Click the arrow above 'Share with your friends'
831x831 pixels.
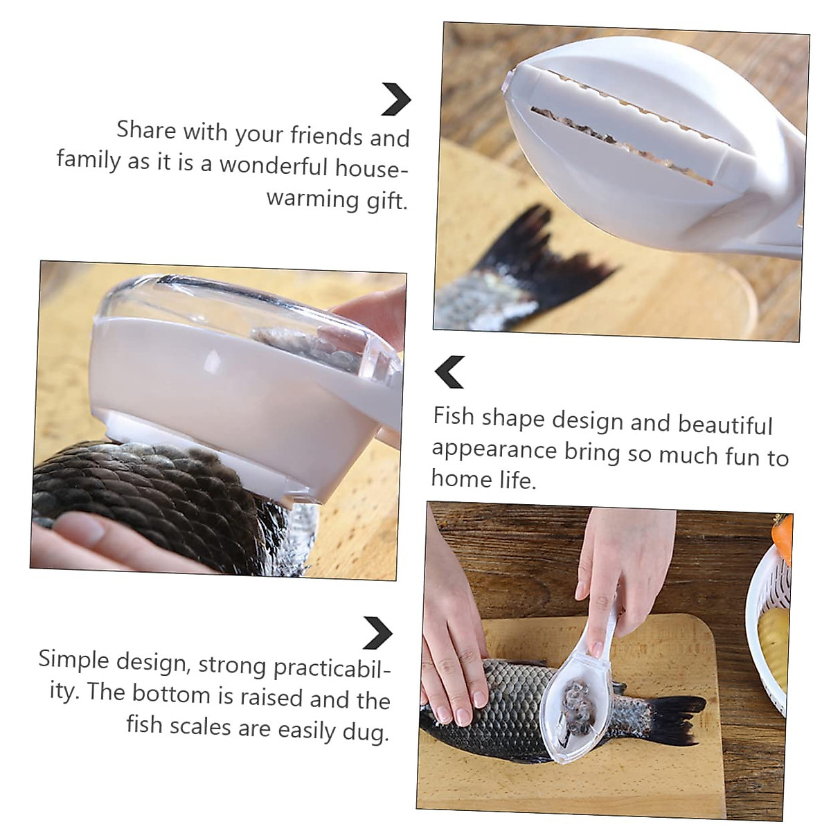396,100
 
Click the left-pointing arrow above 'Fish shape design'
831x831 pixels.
449,372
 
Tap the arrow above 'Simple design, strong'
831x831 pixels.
378,632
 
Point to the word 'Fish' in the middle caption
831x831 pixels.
454,417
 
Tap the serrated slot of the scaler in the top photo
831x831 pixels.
623,142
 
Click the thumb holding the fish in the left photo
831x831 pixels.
83,533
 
